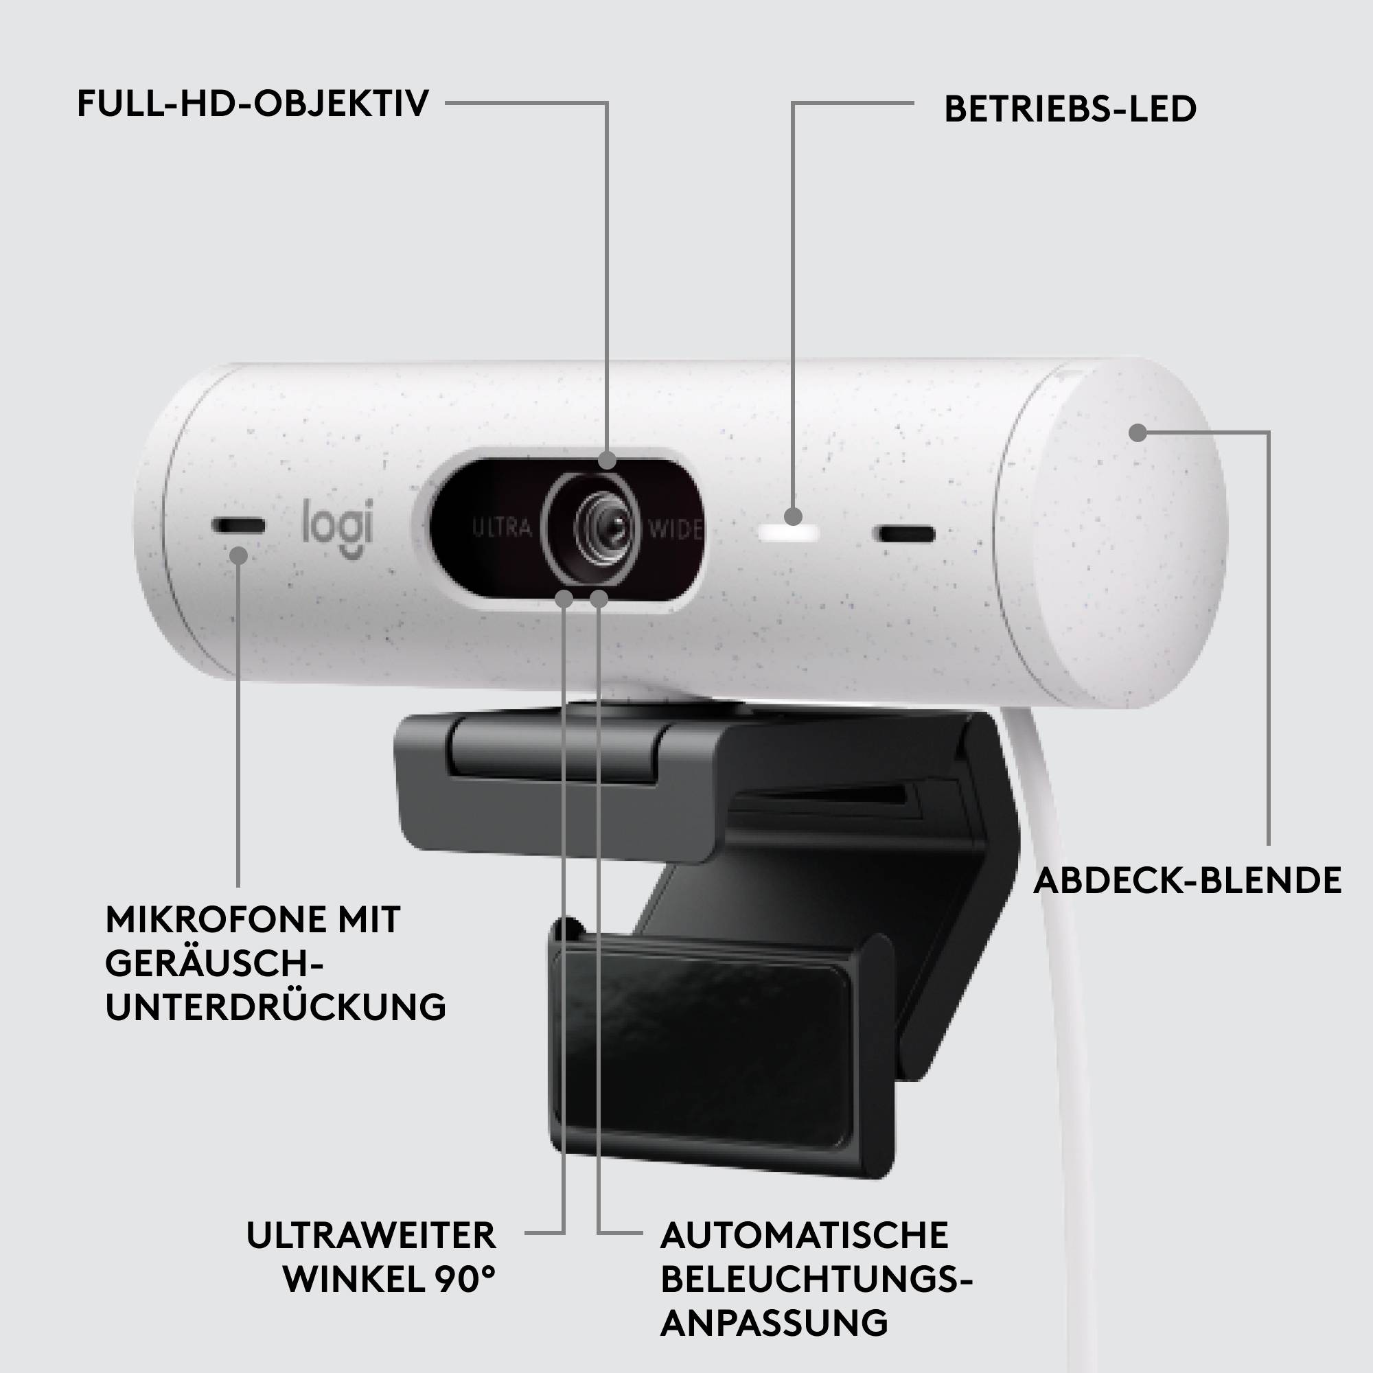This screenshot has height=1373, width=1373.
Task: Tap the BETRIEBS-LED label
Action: pyautogui.click(x=1070, y=109)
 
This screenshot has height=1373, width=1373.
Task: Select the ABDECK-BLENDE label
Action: pyautogui.click(x=1187, y=881)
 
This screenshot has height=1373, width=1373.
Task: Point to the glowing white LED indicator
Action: pyautogui.click(x=789, y=533)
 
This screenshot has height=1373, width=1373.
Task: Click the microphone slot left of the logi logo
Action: pyautogui.click(x=238, y=527)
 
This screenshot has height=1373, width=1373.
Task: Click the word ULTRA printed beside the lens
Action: pyautogui.click(x=503, y=528)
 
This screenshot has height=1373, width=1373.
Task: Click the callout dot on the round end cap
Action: pyautogui.click(x=1138, y=432)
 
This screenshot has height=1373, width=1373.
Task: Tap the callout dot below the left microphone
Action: pyautogui.click(x=239, y=553)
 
